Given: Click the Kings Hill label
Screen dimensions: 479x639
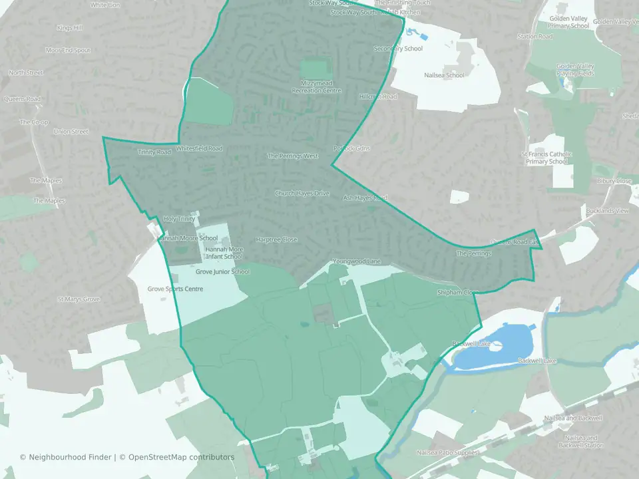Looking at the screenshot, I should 69,28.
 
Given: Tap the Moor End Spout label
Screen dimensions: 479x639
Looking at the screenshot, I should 67,50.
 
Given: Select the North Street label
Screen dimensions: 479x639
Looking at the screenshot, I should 26,73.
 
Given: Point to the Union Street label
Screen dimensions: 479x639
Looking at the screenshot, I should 71,132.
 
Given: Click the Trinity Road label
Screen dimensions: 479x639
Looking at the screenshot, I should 154,152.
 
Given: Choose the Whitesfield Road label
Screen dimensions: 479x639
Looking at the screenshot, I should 200,148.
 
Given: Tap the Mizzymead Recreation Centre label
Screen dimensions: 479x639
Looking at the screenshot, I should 316,87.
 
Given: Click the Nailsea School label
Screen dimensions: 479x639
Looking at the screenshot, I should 444,75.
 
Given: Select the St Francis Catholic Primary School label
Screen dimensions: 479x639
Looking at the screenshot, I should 546,158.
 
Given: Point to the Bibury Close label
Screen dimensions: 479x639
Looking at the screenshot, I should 614,181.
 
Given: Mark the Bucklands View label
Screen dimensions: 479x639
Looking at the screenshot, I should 607,211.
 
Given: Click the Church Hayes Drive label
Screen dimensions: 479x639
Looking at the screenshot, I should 302,194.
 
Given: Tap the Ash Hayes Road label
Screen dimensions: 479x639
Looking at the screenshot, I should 365,198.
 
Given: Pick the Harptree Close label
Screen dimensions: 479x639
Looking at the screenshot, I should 277,239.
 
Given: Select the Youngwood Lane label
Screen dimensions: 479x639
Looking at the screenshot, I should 357,261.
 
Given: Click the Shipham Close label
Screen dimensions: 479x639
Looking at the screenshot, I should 458,292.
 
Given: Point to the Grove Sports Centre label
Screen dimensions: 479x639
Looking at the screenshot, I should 175,289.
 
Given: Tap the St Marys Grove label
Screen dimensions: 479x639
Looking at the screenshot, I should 79,299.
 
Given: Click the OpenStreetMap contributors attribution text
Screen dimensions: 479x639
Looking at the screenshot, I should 181,457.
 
